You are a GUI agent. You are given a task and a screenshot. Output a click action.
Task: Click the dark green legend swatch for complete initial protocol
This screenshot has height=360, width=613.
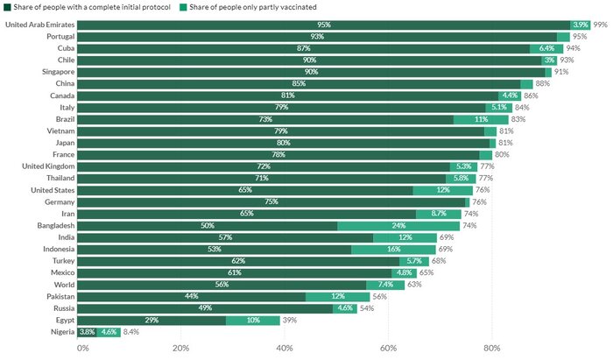click(x=7, y=7)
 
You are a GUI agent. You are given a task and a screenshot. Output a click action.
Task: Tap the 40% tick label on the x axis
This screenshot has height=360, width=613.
click(x=284, y=348)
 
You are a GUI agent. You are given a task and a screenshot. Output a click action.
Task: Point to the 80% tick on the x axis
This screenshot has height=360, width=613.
click(x=491, y=348)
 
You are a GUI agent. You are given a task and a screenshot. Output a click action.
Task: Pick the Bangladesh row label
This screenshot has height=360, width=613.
click(x=53, y=225)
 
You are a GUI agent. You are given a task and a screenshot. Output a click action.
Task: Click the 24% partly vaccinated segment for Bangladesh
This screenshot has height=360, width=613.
click(x=399, y=225)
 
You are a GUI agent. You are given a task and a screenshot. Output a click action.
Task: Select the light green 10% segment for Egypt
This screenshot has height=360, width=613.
click(x=253, y=321)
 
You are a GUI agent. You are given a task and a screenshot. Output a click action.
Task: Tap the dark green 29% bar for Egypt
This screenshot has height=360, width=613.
click(x=154, y=321)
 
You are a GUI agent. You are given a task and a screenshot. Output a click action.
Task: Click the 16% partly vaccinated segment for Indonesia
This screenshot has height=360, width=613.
click(x=394, y=249)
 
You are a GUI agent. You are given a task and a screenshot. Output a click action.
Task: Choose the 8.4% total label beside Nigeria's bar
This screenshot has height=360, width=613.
click(x=131, y=332)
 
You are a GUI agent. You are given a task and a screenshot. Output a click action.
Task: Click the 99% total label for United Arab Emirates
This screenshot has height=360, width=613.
click(x=600, y=25)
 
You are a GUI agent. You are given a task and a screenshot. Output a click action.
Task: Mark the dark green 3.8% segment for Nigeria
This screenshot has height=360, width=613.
click(x=87, y=332)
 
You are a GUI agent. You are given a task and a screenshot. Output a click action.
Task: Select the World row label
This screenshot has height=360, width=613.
click(x=64, y=285)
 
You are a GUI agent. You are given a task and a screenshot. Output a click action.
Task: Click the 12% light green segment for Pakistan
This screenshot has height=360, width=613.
click(x=338, y=297)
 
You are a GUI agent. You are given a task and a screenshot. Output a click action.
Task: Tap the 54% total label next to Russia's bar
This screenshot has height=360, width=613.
click(x=367, y=308)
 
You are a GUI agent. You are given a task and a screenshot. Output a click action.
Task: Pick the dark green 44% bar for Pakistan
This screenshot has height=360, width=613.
click(x=193, y=297)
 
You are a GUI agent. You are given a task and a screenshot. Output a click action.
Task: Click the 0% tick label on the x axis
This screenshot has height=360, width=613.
click(x=83, y=348)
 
